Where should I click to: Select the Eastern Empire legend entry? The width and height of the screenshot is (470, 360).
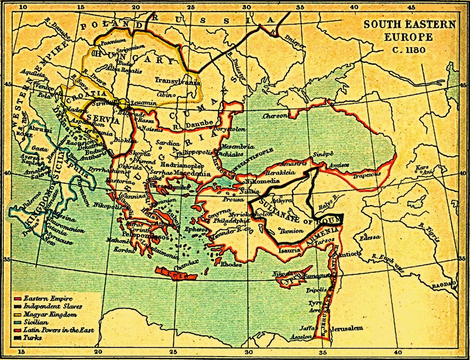pyautogui.click(x=42, y=298)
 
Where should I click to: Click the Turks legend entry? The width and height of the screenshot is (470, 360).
pyautogui.click(x=33, y=337)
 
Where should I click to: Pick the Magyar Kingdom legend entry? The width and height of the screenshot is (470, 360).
pyautogui.click(x=44, y=314)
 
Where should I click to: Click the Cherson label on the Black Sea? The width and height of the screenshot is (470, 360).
pyautogui.click(x=276, y=116)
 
